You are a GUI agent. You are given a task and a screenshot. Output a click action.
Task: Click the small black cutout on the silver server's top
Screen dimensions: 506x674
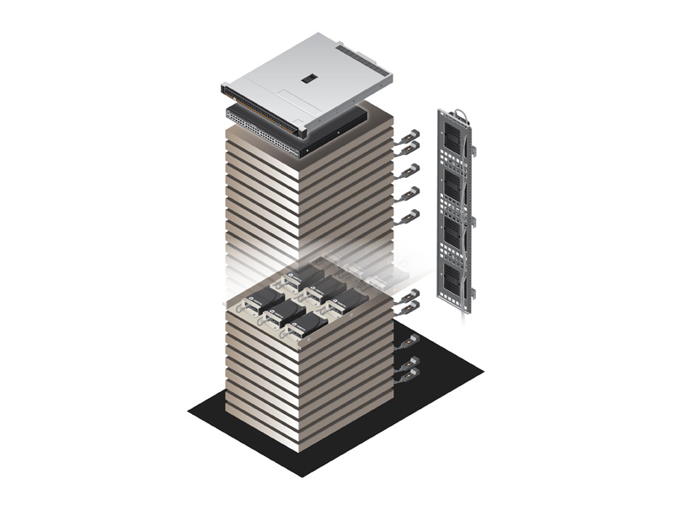(x=308, y=78)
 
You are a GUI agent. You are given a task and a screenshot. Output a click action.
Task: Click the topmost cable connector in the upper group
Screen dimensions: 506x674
(x=410, y=134)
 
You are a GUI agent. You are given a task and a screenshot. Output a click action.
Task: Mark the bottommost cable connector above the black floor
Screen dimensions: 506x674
(x=410, y=376)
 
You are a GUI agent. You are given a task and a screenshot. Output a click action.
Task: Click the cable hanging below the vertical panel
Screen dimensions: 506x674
(x=461, y=311)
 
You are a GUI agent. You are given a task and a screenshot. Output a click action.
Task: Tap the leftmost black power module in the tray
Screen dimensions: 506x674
(x=269, y=297)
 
